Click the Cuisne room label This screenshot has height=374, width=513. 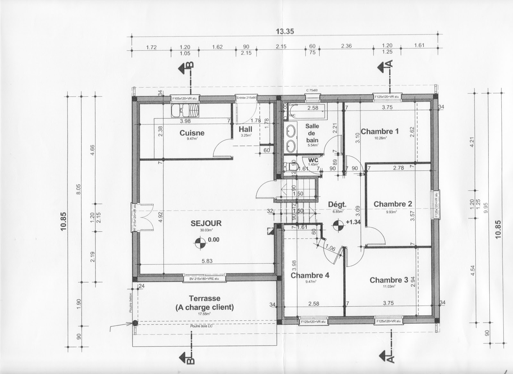(x=192, y=133)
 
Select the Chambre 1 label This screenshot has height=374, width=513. (x=380, y=132)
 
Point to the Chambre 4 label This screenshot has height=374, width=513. (x=310, y=276)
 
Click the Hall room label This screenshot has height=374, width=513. (x=245, y=129)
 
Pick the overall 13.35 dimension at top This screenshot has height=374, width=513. (x=285, y=31)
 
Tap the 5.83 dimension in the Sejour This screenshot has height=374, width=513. (x=207, y=261)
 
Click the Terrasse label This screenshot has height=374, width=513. (x=205, y=298)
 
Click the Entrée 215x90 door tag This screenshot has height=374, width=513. (x=246, y=98)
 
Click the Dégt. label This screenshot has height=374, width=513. (x=337, y=204)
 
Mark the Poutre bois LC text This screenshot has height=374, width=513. (x=201, y=326)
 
